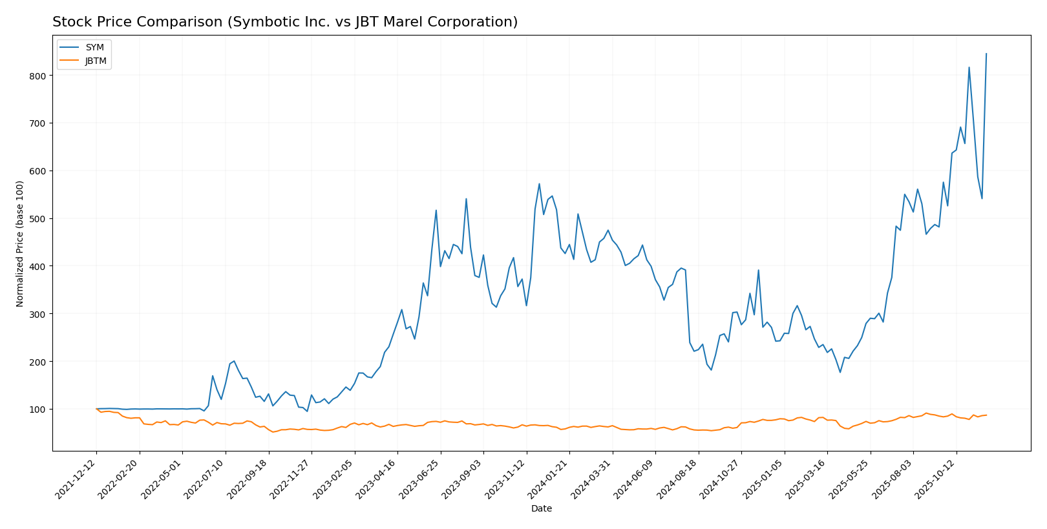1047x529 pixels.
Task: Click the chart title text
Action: tap(285, 22)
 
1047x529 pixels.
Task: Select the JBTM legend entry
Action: tap(96, 61)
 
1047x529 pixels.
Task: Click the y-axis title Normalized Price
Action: tap(20, 244)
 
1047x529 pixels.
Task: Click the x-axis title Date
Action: tap(541, 509)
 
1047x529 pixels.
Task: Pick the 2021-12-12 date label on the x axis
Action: tap(77, 479)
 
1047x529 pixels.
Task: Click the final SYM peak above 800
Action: tap(986, 54)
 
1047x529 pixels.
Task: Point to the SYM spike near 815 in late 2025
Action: tap(969, 67)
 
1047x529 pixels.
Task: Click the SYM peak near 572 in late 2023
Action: tap(539, 183)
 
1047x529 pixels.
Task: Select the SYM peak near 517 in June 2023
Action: tap(436, 210)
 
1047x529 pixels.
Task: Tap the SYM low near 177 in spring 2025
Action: tap(840, 372)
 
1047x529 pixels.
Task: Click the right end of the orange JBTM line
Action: tap(986, 415)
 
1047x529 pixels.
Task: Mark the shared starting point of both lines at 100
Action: tap(96, 409)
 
